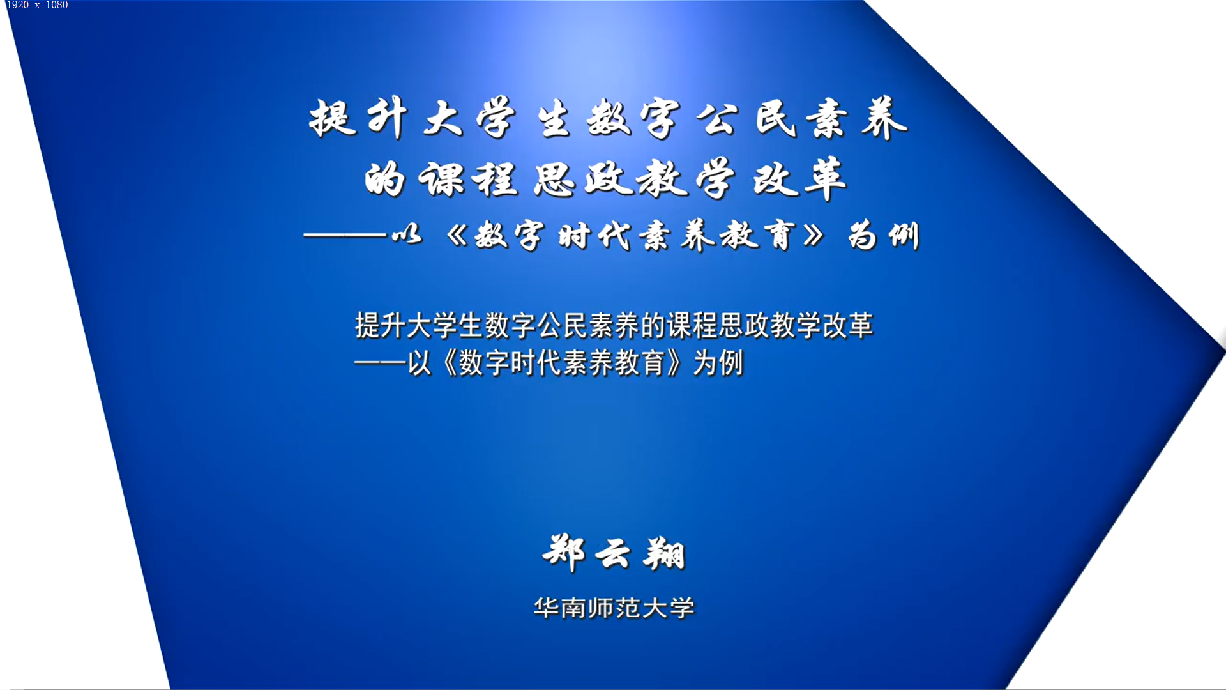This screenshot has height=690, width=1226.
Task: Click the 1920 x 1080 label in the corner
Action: (37, 5)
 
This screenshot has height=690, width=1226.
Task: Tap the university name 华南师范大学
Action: (614, 608)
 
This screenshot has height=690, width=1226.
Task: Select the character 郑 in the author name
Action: (564, 553)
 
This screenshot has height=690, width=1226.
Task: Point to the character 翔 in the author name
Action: (665, 553)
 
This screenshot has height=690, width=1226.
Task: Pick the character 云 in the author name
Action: (613, 553)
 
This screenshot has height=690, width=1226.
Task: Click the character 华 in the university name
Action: (547, 608)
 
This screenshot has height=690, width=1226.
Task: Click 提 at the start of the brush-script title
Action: (332, 118)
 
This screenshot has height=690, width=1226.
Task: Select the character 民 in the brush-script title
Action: (776, 118)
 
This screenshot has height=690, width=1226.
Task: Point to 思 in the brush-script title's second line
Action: (554, 179)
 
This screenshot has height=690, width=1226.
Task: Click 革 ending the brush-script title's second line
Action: (826, 179)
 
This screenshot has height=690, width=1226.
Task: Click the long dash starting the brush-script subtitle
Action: (345, 236)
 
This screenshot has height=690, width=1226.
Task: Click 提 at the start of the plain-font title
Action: (368, 325)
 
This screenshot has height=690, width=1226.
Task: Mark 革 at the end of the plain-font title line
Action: (860, 325)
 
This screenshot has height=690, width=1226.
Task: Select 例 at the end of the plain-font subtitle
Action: (731, 363)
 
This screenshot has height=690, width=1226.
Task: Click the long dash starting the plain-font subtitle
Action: (381, 363)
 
